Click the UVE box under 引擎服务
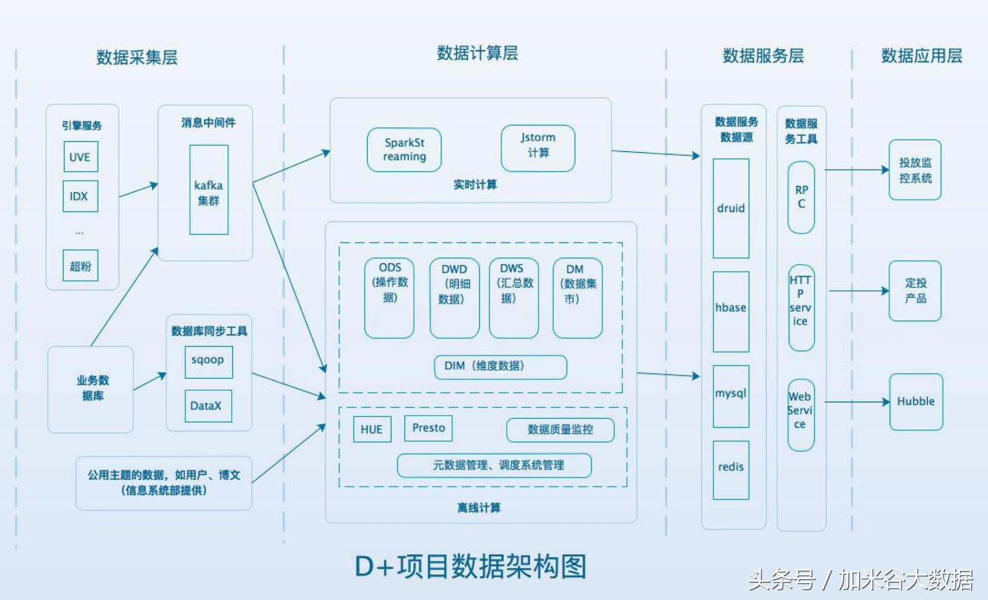tap(81, 156)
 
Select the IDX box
tap(80, 196)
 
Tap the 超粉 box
tap(80, 265)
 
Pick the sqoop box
tap(208, 362)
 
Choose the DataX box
tap(208, 406)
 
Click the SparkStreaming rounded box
tap(404, 149)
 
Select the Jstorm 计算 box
tap(537, 148)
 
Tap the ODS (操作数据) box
tap(389, 297)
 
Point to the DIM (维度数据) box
tap(500, 367)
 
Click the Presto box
tap(428, 428)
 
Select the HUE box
tap(372, 429)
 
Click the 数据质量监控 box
tap(560, 430)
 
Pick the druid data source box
tap(731, 208)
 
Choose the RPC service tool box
tap(801, 197)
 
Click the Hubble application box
tap(916, 402)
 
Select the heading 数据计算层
tap(477, 53)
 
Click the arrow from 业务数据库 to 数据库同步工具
tap(150, 381)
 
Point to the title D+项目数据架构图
tap(471, 567)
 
